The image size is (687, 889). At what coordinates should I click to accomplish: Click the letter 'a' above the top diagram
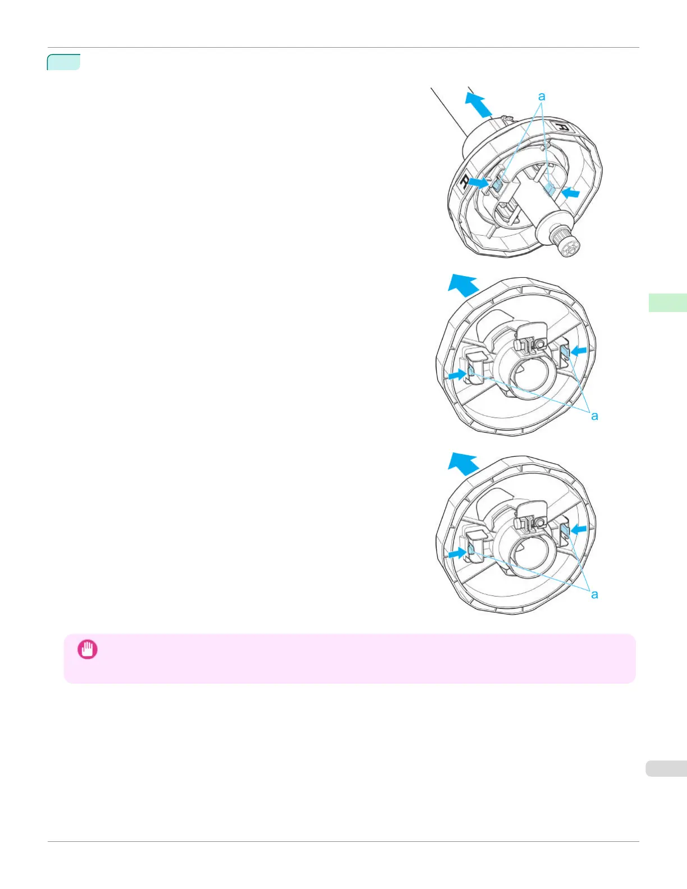pos(542,97)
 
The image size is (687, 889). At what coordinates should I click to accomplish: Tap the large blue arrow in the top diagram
pos(478,105)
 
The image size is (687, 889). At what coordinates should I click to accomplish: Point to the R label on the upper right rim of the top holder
pos(563,127)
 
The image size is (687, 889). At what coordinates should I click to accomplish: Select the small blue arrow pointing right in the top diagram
pos(478,182)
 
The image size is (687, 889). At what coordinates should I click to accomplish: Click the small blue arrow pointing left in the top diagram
pos(571,193)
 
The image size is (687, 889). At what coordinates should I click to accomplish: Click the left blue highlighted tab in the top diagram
pos(497,185)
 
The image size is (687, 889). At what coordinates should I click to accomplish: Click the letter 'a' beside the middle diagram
pos(594,416)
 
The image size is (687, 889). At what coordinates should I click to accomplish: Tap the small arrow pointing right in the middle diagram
pos(456,374)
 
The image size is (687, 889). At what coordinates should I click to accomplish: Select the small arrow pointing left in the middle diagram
pos(579,351)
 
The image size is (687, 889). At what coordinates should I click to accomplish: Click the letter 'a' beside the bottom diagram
pos(594,594)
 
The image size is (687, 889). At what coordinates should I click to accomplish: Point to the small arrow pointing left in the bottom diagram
pos(579,529)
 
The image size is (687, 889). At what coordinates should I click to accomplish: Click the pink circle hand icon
pos(88,649)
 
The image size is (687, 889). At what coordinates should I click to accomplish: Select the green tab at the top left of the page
pos(63,62)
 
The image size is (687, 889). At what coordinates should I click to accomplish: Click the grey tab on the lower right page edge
pos(666,768)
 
